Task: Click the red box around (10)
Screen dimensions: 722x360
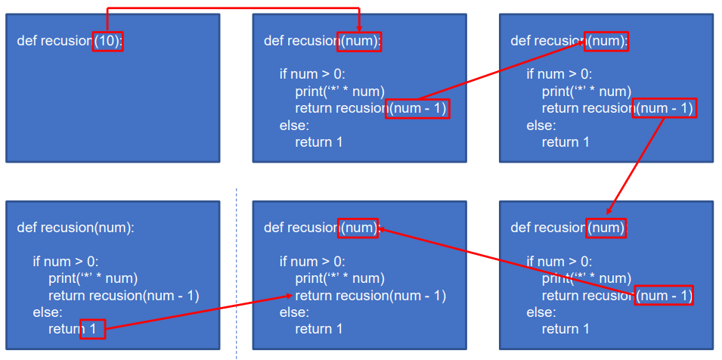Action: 108,42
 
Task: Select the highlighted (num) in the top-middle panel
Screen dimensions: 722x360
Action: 359,42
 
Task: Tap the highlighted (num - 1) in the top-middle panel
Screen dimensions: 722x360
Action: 417,109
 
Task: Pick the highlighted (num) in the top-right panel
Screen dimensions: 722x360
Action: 606,42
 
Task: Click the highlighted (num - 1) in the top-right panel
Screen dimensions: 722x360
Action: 664,108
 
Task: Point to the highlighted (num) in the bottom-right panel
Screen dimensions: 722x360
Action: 606,228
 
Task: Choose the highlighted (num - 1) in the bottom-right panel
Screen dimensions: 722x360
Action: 664,295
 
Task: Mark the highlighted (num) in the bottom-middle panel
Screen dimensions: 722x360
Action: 358,228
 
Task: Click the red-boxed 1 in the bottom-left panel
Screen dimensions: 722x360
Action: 92,329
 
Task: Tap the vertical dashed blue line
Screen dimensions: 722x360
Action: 236,273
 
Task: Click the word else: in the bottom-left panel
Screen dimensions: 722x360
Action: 48,312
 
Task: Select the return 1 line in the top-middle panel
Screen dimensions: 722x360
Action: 318,141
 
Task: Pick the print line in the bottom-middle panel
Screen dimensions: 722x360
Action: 339,278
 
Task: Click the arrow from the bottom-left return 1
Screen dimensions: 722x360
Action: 199,312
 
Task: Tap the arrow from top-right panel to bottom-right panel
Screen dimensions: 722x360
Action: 635,166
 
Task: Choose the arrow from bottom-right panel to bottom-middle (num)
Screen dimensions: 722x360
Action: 507,261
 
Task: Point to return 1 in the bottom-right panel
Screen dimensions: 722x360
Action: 566,329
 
